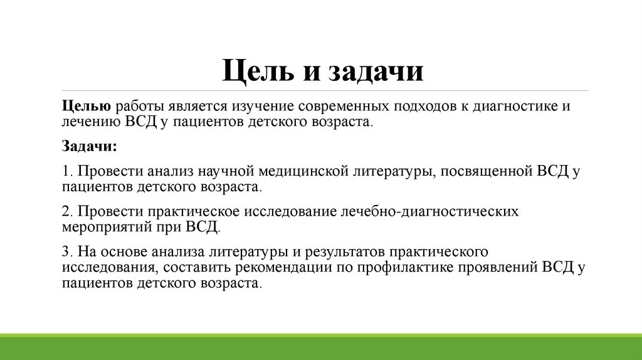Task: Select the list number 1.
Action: pos(67,171)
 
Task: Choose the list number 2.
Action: pos(67,211)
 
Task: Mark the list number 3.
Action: pos(67,251)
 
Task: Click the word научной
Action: pos(226,171)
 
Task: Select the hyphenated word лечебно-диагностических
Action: pos(429,211)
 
